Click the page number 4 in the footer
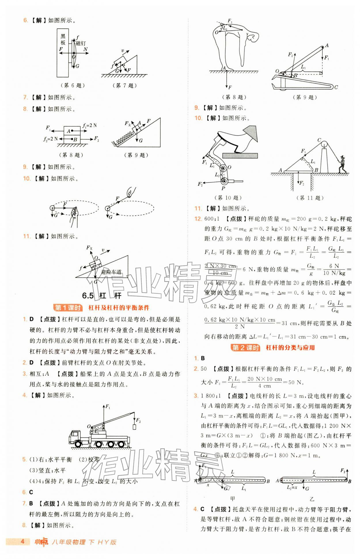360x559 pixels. (22, 541)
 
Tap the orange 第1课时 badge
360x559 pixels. (68, 308)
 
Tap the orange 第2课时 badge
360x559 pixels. (246, 348)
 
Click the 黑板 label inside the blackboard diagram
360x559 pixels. (63, 39)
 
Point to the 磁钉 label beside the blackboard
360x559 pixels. (81, 43)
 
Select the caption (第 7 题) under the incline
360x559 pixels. (124, 86)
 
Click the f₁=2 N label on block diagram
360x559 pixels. (90, 126)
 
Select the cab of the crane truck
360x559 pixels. (75, 437)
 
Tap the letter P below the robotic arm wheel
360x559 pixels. (223, 188)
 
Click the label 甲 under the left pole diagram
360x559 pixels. (233, 499)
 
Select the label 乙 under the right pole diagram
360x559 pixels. (312, 499)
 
